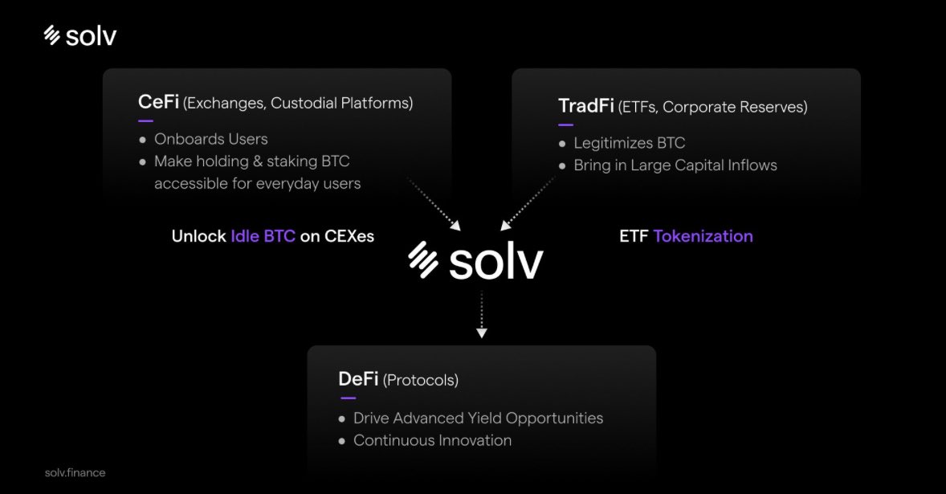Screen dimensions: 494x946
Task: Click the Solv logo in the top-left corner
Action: tap(80, 36)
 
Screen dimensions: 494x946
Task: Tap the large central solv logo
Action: tap(475, 261)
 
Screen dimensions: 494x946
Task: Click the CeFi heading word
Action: tap(158, 102)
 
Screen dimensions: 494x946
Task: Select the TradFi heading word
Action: tap(585, 106)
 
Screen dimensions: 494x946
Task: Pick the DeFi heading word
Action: tap(358, 379)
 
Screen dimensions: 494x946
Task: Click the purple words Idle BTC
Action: tap(263, 237)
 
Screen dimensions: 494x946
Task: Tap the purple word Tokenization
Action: tap(703, 236)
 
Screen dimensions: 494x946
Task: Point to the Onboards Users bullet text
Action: tap(210, 139)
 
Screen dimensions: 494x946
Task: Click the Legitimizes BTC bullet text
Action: tap(629, 143)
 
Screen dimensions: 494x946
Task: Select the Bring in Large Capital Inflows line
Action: tap(675, 165)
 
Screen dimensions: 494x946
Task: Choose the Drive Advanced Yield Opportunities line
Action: tap(478, 418)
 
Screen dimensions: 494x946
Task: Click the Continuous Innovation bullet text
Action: tap(432, 440)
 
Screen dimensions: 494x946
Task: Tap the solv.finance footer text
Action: tap(75, 472)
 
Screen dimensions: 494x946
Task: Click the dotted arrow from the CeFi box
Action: tap(434, 204)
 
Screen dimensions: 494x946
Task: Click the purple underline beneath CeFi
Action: tap(145, 120)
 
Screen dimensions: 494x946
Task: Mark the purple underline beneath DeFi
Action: tap(348, 398)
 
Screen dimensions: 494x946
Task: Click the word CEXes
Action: tap(349, 237)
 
